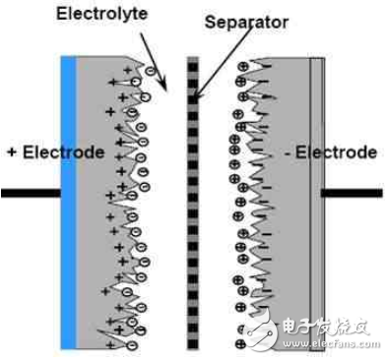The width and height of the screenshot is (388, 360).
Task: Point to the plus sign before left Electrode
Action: [x=11, y=153]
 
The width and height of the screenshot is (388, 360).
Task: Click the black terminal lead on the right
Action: [x=352, y=192]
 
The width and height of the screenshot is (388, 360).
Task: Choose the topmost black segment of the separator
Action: [x=193, y=62]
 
